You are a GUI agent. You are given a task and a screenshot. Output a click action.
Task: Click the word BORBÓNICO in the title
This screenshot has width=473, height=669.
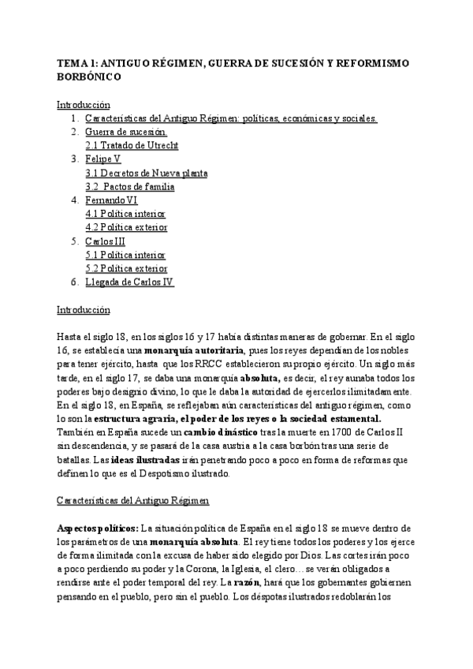(89, 77)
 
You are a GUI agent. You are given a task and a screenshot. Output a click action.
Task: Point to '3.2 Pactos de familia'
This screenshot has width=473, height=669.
(131, 187)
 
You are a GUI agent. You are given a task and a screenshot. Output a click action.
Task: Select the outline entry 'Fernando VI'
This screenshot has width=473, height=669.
(111, 200)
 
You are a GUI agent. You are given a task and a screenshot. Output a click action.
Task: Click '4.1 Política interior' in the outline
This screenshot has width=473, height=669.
(125, 214)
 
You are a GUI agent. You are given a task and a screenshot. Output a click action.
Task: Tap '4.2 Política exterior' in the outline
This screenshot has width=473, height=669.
(126, 227)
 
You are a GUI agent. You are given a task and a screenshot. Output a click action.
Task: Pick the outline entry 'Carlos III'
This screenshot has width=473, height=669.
(105, 241)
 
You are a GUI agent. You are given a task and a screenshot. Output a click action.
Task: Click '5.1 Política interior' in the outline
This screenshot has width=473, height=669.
(125, 255)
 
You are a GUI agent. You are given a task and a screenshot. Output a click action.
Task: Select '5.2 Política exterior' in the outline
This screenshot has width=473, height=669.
(126, 268)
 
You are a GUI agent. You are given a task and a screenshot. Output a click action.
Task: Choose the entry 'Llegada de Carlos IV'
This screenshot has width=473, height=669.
(129, 282)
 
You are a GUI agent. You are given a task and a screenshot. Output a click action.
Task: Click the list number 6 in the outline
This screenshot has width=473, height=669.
(73, 282)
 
